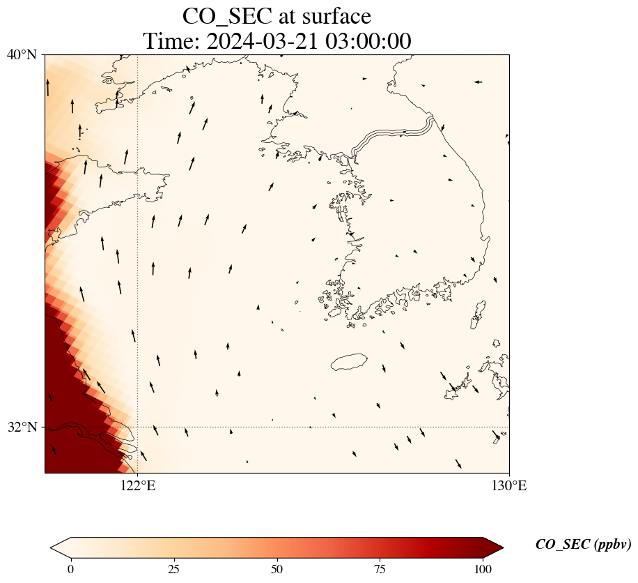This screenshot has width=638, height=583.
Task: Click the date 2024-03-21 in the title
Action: click(252, 41)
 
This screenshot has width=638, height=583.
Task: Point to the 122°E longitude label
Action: click(138, 486)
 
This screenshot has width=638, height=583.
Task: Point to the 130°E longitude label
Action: click(509, 486)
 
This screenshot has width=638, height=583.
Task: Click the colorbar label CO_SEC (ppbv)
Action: click(583, 545)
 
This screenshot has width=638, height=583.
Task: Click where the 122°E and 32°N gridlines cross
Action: click(138, 427)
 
